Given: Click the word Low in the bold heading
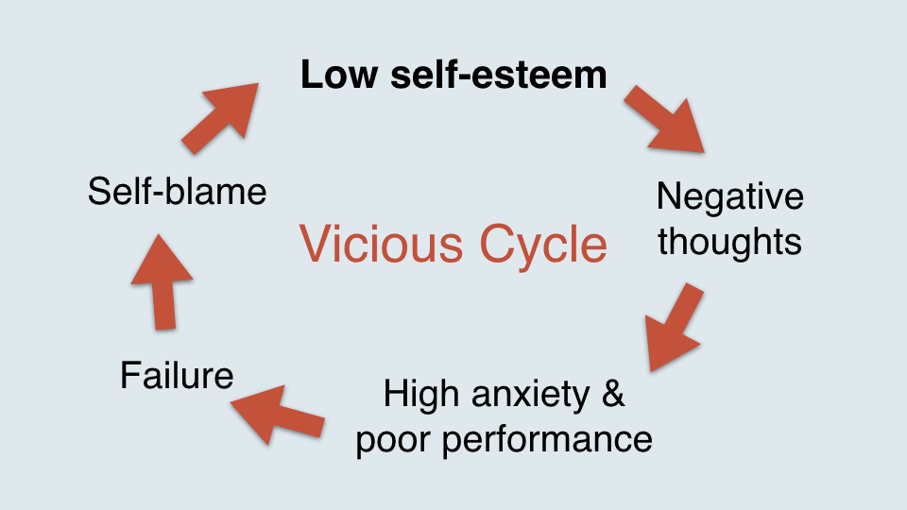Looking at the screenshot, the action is (x=339, y=76).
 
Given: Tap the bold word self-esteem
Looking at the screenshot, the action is (x=499, y=76).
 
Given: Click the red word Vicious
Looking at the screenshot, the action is (x=381, y=244).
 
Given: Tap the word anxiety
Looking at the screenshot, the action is (x=530, y=397).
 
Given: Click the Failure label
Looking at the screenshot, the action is (x=177, y=375).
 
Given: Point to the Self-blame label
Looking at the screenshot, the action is (x=177, y=192).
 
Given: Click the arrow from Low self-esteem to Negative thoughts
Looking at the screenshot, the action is (x=664, y=120).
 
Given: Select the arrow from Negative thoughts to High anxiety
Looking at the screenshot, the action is (x=673, y=328).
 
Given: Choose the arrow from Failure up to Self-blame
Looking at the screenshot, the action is (x=162, y=282).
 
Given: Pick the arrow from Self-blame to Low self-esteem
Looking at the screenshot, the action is (x=220, y=119).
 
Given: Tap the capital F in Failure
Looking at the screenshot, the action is (x=130, y=375).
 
